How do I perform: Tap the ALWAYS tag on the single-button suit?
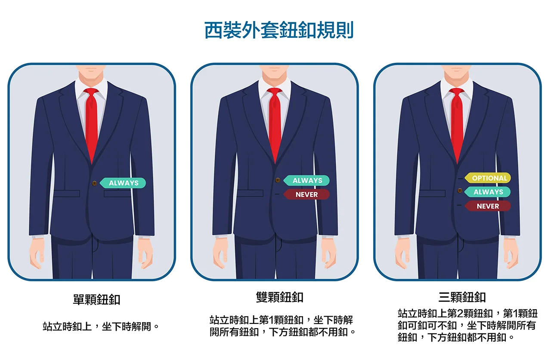[124, 183]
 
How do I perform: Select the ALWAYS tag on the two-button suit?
[307, 181]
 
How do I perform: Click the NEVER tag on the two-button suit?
[307, 194]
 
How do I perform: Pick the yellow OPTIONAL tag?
[489, 178]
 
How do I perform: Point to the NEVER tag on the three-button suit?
[488, 206]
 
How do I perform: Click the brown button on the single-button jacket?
[94, 183]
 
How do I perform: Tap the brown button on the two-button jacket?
[278, 180]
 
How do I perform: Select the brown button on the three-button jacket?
[460, 191]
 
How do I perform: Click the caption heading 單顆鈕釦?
[96, 299]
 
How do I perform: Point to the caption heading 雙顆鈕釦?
[280, 297]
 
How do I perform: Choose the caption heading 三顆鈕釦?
[462, 297]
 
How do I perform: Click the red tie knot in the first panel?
[91, 92]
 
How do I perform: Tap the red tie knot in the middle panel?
[275, 92]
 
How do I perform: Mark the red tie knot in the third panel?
[457, 92]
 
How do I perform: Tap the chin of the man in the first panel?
[91, 77]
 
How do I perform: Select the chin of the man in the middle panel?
[275, 77]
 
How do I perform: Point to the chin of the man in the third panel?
[457, 77]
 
